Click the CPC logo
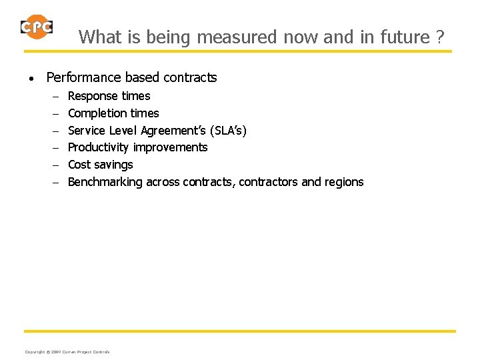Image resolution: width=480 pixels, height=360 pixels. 36,27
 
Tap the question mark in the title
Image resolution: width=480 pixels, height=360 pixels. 439,37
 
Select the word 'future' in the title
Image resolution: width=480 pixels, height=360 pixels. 405,37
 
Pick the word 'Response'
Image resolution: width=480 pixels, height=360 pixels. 93,96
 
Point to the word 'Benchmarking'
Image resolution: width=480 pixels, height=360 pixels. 105,182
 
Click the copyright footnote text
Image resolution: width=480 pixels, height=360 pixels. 67,351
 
